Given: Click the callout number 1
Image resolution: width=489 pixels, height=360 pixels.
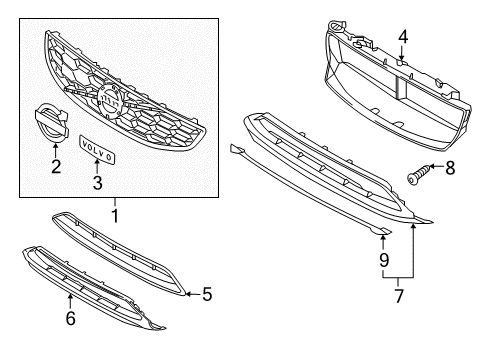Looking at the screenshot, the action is click(x=115, y=216).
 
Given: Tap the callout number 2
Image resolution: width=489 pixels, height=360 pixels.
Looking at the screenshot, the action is click(x=56, y=166).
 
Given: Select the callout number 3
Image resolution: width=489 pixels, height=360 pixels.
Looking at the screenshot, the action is click(x=97, y=183).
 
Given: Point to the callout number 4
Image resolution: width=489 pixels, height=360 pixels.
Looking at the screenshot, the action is click(x=403, y=37).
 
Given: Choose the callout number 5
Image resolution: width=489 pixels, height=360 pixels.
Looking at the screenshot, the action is click(x=207, y=294).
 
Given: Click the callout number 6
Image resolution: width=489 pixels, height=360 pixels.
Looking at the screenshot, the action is click(x=70, y=318).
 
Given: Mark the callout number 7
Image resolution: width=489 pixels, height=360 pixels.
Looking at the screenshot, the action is click(x=399, y=296).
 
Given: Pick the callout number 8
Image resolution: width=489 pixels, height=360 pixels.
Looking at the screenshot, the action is click(x=450, y=168).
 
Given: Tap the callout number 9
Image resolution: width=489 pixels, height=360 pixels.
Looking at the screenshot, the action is click(x=384, y=260).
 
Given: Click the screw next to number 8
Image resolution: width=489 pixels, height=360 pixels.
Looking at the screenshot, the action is click(x=417, y=174).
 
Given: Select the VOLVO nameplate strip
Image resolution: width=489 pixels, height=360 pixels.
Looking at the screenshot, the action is click(x=97, y=149).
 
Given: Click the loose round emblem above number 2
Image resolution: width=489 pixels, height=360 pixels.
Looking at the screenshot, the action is click(x=52, y=123).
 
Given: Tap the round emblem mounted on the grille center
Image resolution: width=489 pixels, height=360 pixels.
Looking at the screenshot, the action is click(x=109, y=101).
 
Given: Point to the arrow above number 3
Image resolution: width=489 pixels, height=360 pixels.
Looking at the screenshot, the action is click(x=97, y=167).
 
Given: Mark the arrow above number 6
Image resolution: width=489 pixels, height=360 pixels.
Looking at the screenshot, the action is click(x=70, y=301).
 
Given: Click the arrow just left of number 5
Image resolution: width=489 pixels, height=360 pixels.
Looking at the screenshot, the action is click(x=193, y=294).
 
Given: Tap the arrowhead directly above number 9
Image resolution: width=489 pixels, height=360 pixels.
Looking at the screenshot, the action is click(x=383, y=237).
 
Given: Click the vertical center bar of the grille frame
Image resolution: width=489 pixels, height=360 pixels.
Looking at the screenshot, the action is click(x=401, y=87).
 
